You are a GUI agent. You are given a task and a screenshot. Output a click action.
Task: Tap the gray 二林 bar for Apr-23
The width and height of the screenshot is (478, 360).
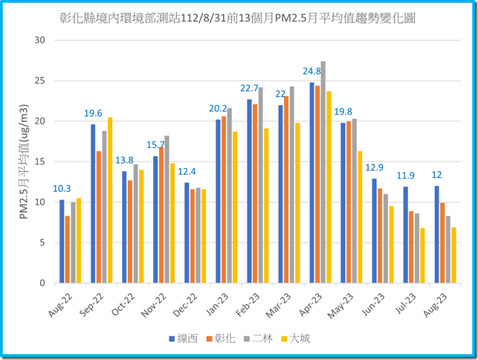click(x=323, y=172)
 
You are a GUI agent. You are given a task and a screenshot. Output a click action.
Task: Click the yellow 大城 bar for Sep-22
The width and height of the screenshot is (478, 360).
click(x=110, y=200)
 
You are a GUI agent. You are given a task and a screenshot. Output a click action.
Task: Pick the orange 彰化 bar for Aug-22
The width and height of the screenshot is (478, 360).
click(x=68, y=249)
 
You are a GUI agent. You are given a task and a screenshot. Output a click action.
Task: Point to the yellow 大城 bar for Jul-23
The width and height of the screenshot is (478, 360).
click(x=422, y=255)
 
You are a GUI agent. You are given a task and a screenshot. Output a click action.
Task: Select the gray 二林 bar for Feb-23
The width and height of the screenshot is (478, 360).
click(x=260, y=185)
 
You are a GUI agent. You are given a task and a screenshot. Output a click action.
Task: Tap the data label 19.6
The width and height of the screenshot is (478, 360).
click(x=93, y=114)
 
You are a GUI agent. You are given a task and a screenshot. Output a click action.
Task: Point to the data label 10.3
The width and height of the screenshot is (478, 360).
click(x=62, y=189)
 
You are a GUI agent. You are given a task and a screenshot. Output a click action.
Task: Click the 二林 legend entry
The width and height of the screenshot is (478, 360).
click(x=259, y=338)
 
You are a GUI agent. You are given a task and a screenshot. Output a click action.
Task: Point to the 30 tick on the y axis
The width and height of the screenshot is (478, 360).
click(x=40, y=39)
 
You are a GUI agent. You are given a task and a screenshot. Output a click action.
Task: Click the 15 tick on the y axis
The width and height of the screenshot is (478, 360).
click(x=40, y=161)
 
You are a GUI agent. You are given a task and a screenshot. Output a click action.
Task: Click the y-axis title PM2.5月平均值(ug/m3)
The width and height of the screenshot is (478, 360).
click(x=25, y=161)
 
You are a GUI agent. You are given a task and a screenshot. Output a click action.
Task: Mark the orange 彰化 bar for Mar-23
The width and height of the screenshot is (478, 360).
click(x=286, y=190)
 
